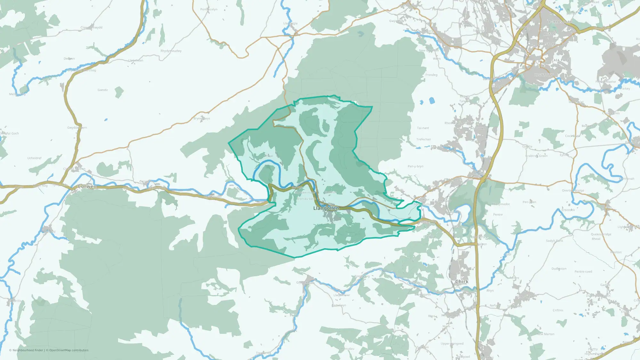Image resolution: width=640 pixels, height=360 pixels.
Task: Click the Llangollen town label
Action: pyautogui.click(x=326, y=208)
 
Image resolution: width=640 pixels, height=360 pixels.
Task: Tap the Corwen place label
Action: pyautogui.click(x=87, y=186)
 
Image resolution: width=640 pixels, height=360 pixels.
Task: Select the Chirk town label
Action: pyautogui.click(x=462, y=282)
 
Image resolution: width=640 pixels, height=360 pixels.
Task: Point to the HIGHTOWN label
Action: pyautogui.click(x=544, y=75)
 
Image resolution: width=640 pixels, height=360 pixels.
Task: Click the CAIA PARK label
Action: pyautogui.click(x=561, y=60)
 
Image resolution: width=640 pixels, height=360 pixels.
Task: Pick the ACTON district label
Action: pyautogui.click(x=550, y=34)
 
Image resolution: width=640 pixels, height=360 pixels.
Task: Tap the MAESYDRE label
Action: pyautogui.click(x=547, y=44)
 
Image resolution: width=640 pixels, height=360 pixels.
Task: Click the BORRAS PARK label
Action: pyautogui.click(x=560, y=22)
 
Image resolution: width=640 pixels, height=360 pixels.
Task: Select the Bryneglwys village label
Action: pyautogui.click(x=202, y=118)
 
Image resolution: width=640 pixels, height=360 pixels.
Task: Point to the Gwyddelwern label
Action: pyautogui.click(x=77, y=128)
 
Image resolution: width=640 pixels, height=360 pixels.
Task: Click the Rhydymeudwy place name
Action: pyautogui.click(x=171, y=51)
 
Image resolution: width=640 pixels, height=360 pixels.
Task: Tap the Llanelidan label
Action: pyautogui.click(x=136, y=60)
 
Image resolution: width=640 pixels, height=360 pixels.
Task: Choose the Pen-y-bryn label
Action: pyautogui.click(x=415, y=166)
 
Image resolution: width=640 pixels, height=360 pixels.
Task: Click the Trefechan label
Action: pyautogui.click(x=424, y=139)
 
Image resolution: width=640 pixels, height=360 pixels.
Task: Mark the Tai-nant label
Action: pyautogui.click(x=423, y=128)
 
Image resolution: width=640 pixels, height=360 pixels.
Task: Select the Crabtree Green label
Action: pyautogui.click(x=537, y=156)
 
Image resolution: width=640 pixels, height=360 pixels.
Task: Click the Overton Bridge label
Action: pyautogui.click(x=573, y=190)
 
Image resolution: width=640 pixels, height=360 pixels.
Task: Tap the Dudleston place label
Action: pyautogui.click(x=559, y=269)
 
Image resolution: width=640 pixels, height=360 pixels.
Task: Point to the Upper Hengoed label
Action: pyautogui.click(x=452, y=344)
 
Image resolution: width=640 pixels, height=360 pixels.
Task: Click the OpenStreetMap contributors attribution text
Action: pyautogui.click(x=69, y=350)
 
